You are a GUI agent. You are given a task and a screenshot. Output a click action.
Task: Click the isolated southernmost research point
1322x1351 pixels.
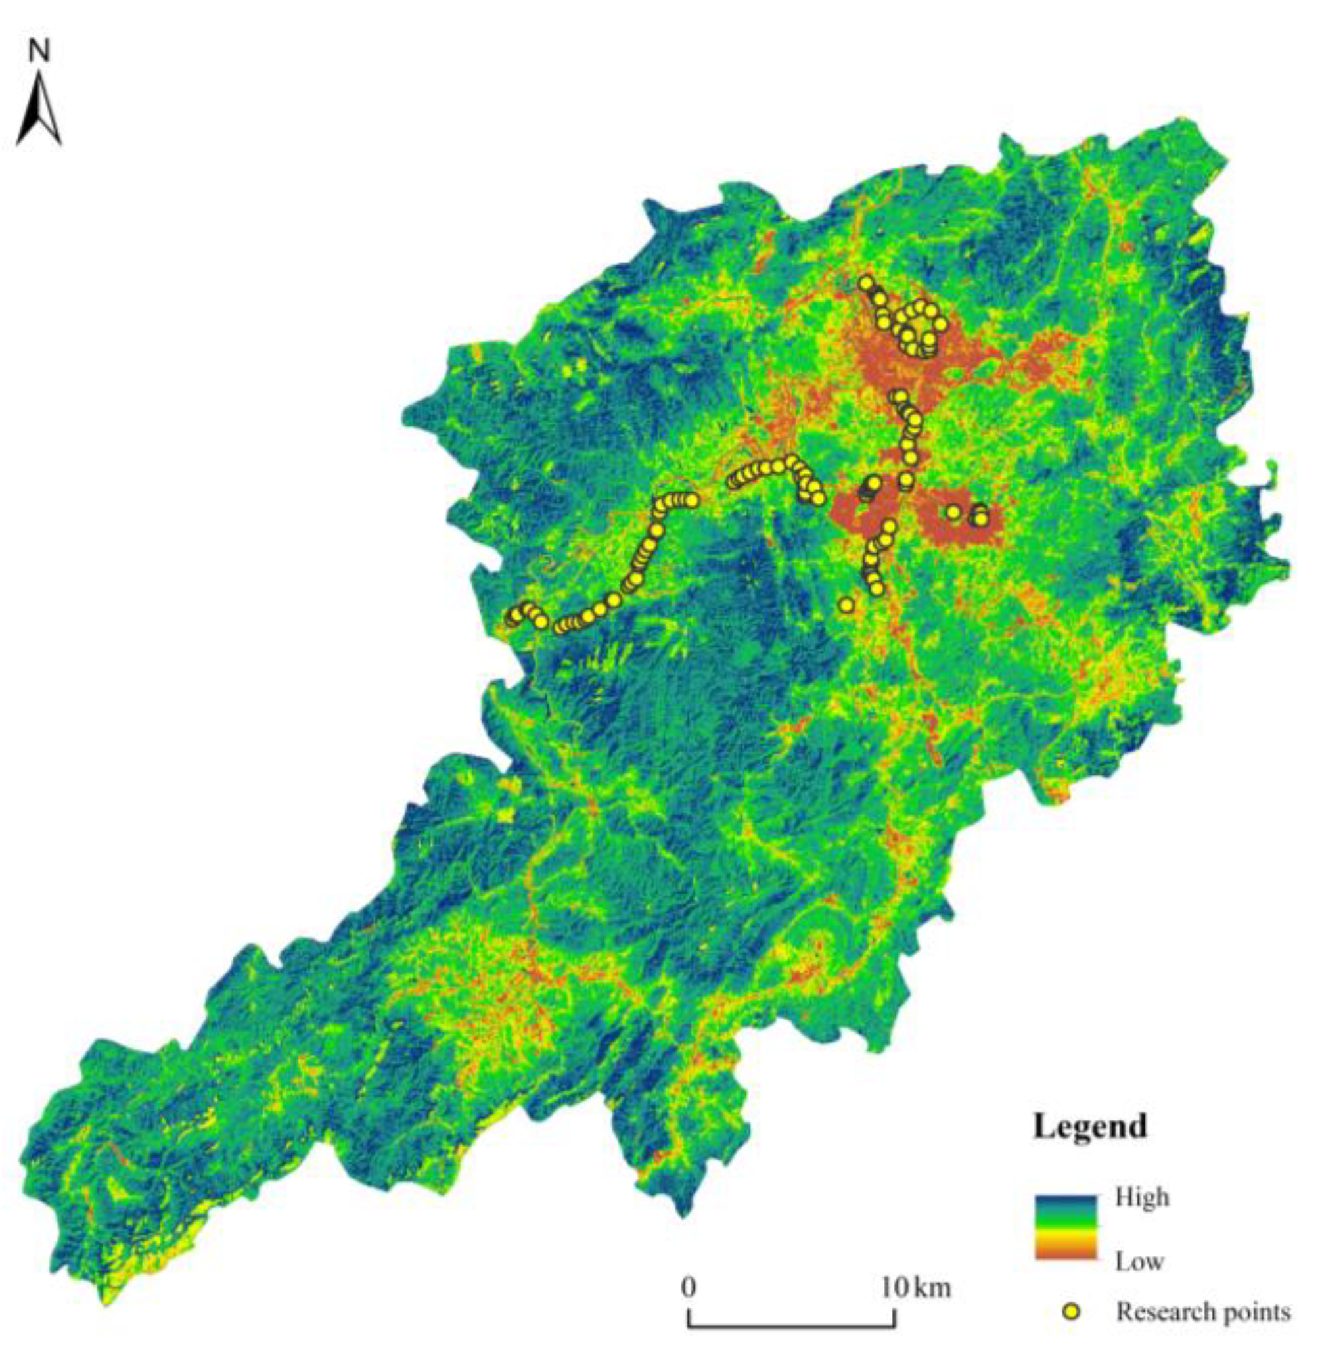point(846,605)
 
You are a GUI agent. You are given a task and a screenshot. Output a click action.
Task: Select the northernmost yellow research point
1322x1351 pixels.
point(866,283)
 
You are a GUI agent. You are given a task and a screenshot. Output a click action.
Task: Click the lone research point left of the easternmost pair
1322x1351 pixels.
point(954,513)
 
